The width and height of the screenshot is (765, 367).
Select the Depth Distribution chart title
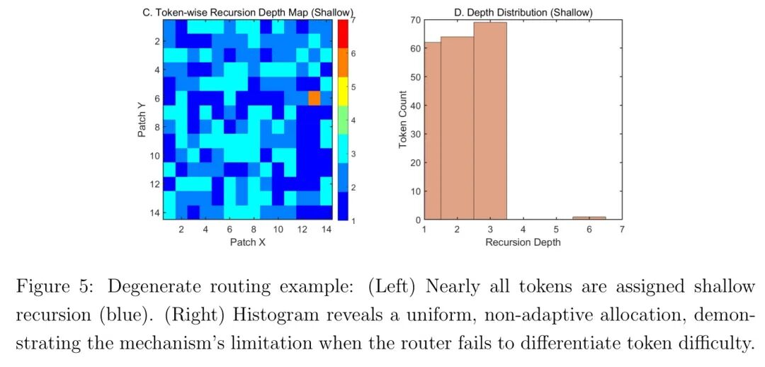(x=523, y=11)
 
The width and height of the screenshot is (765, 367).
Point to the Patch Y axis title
(x=142, y=119)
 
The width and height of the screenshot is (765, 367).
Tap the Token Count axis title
(x=403, y=119)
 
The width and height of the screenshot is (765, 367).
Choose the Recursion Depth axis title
(x=523, y=242)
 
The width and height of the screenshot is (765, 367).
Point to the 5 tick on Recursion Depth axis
(x=556, y=230)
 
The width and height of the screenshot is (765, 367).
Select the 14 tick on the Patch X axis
(x=326, y=230)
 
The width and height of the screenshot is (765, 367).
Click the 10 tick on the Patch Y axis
(x=155, y=155)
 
